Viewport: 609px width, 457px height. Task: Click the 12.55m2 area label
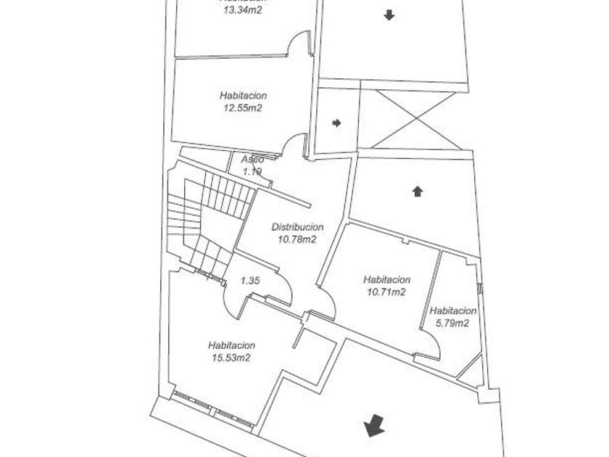tap(244, 108)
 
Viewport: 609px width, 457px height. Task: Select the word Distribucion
tap(297, 227)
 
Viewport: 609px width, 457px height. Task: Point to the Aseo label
tap(252, 160)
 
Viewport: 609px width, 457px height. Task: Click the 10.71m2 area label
tap(386, 292)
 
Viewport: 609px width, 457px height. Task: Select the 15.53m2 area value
tap(231, 358)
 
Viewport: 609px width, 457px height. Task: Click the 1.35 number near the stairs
tap(250, 280)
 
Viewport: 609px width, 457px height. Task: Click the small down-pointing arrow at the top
tap(389, 15)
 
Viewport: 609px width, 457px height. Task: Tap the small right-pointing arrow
tap(336, 123)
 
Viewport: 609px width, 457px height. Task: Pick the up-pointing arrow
tap(417, 192)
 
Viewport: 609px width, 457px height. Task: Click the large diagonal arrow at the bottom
tap(374, 425)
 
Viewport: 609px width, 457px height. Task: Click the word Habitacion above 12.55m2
tap(244, 96)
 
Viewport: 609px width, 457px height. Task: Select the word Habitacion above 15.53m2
tap(231, 345)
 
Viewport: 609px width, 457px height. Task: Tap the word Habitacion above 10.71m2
tap(386, 280)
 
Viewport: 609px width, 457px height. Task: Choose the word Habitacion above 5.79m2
tap(452, 311)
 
